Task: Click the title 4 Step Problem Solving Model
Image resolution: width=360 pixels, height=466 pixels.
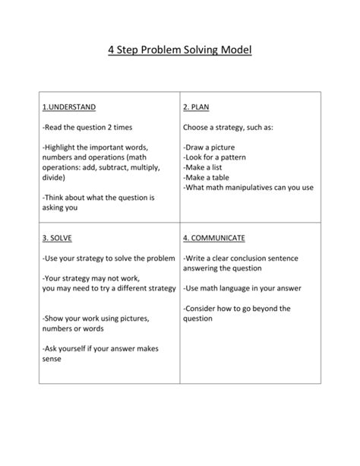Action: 180,52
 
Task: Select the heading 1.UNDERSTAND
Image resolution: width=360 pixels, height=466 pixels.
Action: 69,107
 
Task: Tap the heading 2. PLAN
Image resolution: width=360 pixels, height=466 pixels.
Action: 196,107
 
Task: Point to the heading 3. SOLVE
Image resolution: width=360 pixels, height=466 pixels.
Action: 57,238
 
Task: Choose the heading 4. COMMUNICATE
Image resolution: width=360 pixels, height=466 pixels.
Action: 214,238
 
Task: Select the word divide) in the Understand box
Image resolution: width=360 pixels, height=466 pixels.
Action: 54,176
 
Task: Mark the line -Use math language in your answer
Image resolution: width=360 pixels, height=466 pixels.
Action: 242,288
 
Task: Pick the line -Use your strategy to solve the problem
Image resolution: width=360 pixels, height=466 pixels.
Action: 109,258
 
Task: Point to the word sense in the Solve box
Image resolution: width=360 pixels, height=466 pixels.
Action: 52,358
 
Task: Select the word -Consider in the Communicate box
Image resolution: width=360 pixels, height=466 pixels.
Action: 203,308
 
